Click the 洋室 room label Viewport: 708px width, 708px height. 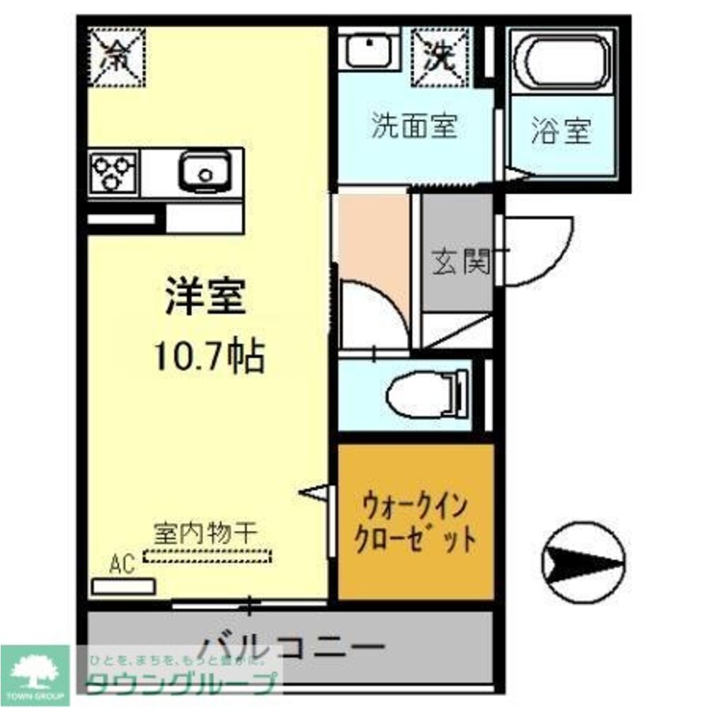(x=205, y=297)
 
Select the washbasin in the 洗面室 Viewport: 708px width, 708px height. (x=369, y=49)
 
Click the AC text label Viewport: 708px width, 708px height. (x=122, y=565)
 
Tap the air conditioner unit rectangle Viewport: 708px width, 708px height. (x=124, y=586)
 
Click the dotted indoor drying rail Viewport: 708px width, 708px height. (x=207, y=556)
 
